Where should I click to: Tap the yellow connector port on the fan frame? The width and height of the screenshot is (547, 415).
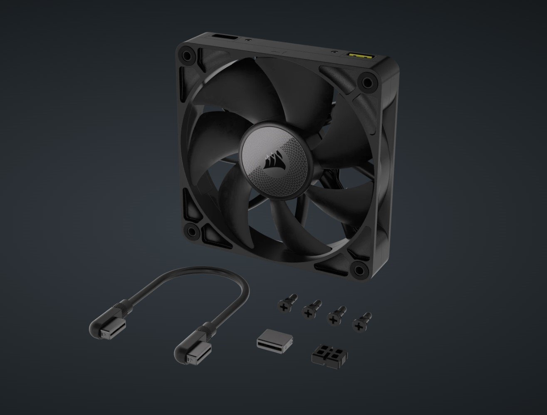[x=358, y=55]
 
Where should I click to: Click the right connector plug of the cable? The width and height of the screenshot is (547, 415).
[x=190, y=356]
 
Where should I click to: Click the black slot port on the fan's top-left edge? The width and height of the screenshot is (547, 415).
[x=225, y=39]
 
